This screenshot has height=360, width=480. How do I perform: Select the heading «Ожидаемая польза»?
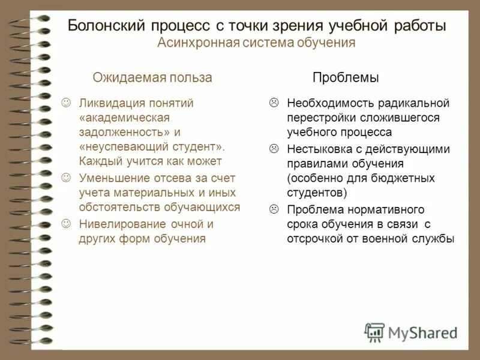[x=152, y=77]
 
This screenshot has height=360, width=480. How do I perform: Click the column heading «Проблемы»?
[x=345, y=77]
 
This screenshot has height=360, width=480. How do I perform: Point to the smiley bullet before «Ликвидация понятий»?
[x=67, y=103]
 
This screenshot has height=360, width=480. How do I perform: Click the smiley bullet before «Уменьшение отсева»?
[x=67, y=178]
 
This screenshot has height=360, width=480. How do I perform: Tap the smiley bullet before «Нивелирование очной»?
[x=67, y=224]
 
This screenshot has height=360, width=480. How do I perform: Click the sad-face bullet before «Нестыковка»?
[x=274, y=148]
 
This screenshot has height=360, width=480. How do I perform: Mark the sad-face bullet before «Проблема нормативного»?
[x=274, y=209]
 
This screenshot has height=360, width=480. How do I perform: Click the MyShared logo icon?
[x=375, y=332]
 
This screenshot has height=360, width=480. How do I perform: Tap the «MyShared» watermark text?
[x=423, y=332]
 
